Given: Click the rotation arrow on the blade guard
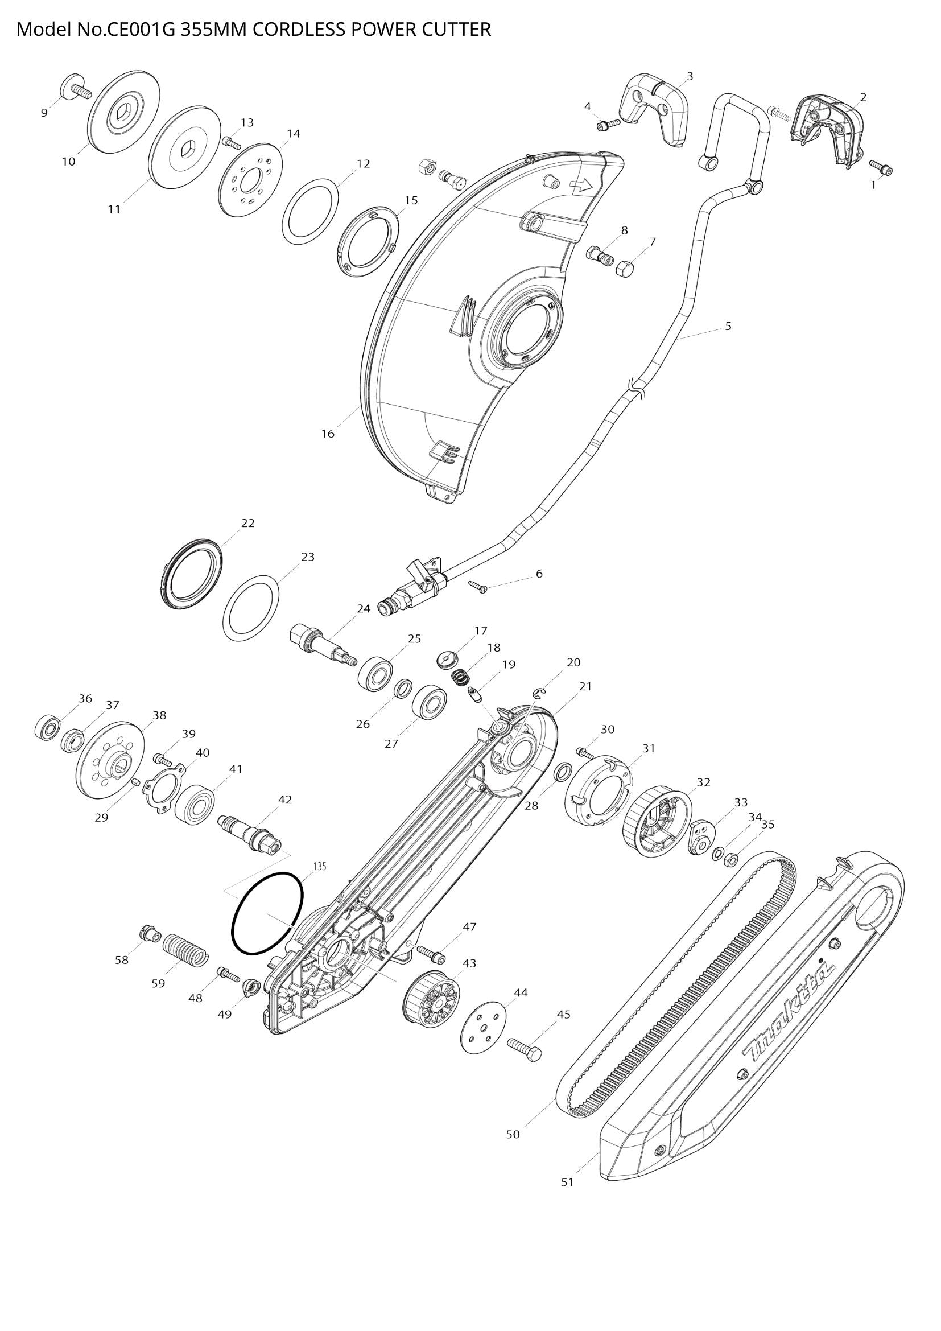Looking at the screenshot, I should click(x=581, y=186).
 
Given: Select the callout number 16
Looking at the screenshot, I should click(x=328, y=434).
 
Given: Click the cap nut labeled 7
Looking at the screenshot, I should click(x=625, y=269).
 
